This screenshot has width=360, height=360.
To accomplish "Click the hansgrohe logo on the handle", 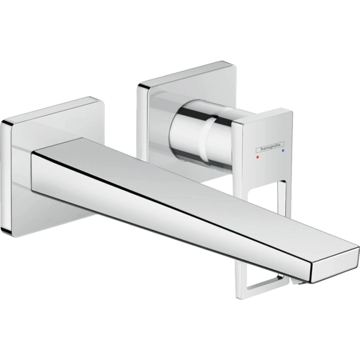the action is coord(270,147).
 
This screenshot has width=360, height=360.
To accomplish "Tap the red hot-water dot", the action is coord(257,157).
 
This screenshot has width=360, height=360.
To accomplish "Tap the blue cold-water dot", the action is coord(283,151).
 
